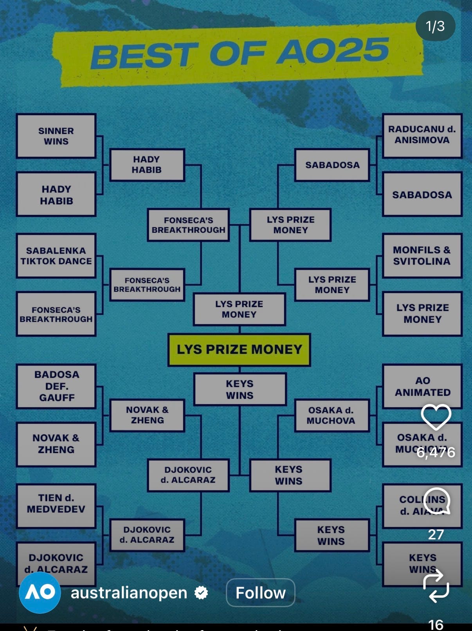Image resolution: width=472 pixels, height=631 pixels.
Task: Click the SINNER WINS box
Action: coord(56,136)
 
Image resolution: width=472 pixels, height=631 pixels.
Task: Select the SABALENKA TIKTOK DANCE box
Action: coord(56,256)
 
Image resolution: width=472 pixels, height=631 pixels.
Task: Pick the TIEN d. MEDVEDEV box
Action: coord(56,506)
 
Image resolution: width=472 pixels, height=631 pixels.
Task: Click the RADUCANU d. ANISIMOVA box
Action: coord(422,135)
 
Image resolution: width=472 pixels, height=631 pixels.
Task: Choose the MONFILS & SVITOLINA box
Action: coord(422,256)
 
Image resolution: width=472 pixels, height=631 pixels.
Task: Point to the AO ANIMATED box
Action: coord(422,386)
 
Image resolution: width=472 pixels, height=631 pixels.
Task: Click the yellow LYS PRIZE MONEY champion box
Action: coord(239,350)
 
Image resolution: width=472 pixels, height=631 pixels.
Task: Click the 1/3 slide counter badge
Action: coord(435,26)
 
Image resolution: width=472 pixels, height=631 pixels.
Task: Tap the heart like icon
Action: coord(436,417)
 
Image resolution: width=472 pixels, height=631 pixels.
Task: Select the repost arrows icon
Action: coord(436,586)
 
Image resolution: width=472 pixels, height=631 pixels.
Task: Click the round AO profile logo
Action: coord(40,592)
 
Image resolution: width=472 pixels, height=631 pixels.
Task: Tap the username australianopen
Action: coord(129,593)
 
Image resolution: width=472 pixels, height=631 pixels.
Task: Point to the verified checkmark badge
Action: coord(201,593)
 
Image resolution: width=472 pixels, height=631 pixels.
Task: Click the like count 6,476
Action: coord(436,453)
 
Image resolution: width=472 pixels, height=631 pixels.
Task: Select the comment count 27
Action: coord(436,534)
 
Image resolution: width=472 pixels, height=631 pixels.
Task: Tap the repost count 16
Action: coord(436,624)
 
